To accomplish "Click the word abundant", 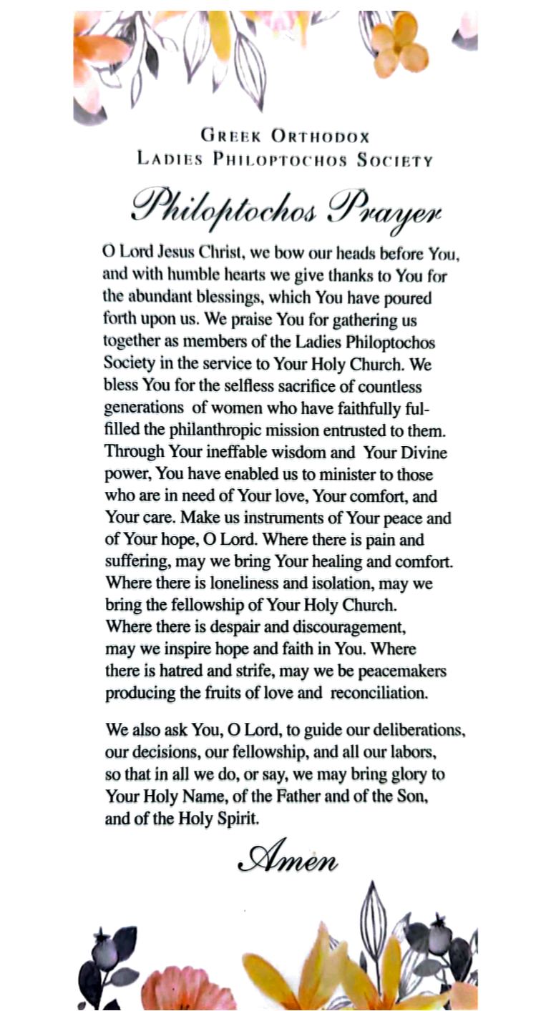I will (165, 297).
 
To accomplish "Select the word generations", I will (144, 409).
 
